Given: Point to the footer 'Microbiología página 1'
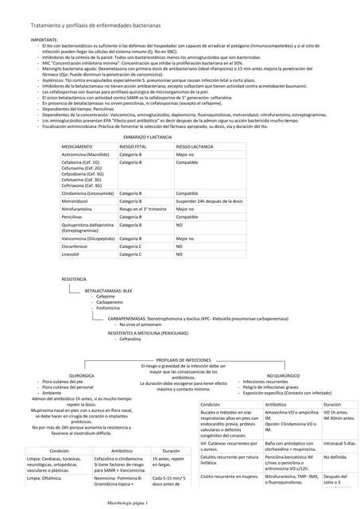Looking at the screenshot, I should pos(134,503).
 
